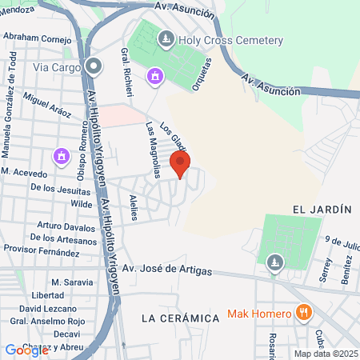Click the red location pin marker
click(179, 165)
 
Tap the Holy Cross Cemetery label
click(232, 40)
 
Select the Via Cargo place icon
click(94, 67)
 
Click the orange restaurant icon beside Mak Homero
click(303, 312)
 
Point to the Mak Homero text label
click(261, 313)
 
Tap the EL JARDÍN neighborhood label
click(322, 209)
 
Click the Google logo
click(26, 350)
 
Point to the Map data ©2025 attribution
click(323, 354)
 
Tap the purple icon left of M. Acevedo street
click(60, 154)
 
